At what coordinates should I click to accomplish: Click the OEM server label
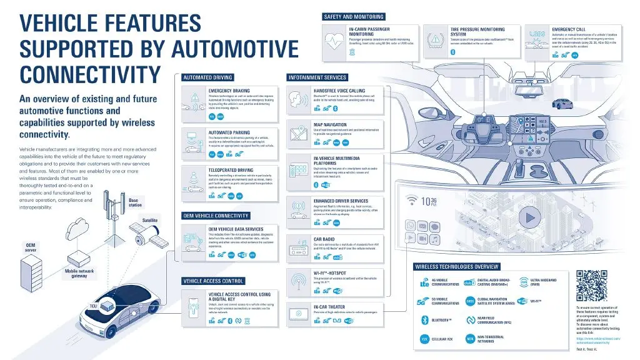pos(31,247)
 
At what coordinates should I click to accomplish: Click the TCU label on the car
pos(94,306)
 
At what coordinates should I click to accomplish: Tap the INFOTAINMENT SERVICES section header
pos(317,78)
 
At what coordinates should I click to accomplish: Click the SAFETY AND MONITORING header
pos(354,17)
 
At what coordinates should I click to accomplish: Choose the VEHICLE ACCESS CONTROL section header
pos(212,281)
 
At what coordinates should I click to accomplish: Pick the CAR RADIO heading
pos(326,239)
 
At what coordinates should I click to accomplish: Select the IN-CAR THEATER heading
pos(329,307)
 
